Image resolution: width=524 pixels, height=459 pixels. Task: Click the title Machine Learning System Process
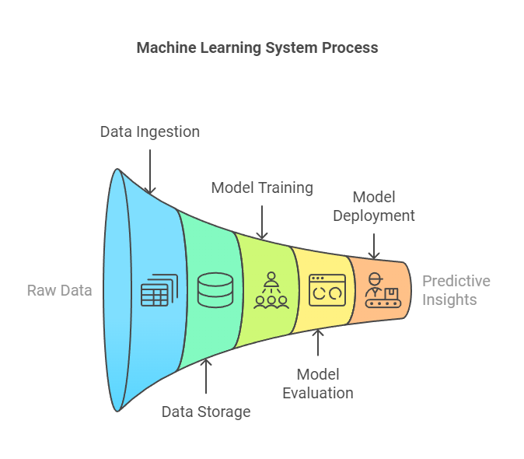(x=257, y=47)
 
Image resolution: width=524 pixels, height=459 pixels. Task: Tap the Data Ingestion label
(x=150, y=131)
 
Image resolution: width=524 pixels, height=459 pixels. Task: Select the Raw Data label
(x=60, y=290)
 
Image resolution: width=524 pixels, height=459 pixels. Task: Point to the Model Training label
(x=262, y=187)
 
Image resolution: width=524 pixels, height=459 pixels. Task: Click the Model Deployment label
(x=374, y=206)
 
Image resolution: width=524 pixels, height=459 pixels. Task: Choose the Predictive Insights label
(x=456, y=290)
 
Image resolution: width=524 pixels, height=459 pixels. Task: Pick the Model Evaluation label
(x=317, y=384)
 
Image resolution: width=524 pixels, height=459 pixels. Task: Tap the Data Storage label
(x=206, y=412)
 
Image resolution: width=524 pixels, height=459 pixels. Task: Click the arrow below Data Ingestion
(x=151, y=169)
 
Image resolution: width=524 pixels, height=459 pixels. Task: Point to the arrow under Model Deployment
(x=374, y=244)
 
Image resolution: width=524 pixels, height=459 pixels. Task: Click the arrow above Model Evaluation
(x=317, y=345)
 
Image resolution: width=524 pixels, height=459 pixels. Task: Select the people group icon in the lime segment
(x=270, y=290)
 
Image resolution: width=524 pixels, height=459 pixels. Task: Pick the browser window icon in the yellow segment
(x=325, y=289)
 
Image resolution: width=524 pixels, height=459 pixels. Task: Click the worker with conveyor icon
(x=380, y=290)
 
